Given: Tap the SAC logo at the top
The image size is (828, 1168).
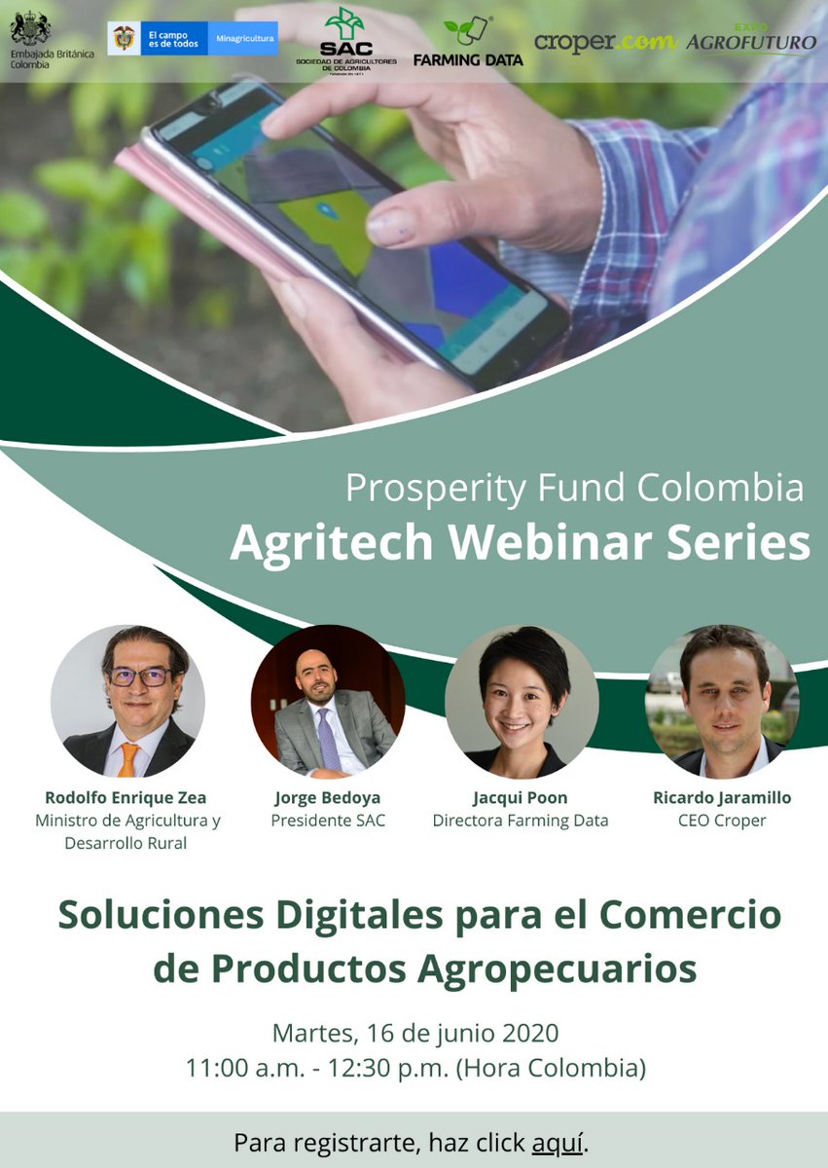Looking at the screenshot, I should tap(345, 38).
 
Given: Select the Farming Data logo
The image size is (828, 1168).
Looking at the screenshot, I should tap(467, 41).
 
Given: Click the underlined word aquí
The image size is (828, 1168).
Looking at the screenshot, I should tap(558, 1142).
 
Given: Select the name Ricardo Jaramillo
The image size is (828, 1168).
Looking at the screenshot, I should tap(722, 797).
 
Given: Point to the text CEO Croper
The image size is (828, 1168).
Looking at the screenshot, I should tap(722, 821).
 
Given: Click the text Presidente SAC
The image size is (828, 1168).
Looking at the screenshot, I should tap(328, 821).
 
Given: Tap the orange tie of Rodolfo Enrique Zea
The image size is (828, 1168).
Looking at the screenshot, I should tap(128, 758).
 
